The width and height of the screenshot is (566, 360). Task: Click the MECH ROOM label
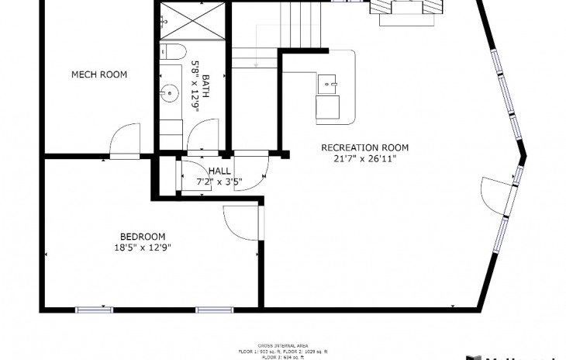coord(99,74)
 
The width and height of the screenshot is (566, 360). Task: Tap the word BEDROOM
coord(142,237)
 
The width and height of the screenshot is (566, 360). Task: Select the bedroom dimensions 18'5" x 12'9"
coord(142,248)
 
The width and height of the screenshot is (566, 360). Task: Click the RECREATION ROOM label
coord(364,147)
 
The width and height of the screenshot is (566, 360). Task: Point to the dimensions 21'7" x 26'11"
coord(364,159)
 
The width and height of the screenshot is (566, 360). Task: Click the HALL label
coord(219,171)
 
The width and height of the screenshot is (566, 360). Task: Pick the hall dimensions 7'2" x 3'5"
coord(219,182)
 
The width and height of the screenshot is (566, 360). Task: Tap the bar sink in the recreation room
coord(328,81)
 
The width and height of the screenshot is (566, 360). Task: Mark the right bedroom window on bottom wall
coord(215,310)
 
